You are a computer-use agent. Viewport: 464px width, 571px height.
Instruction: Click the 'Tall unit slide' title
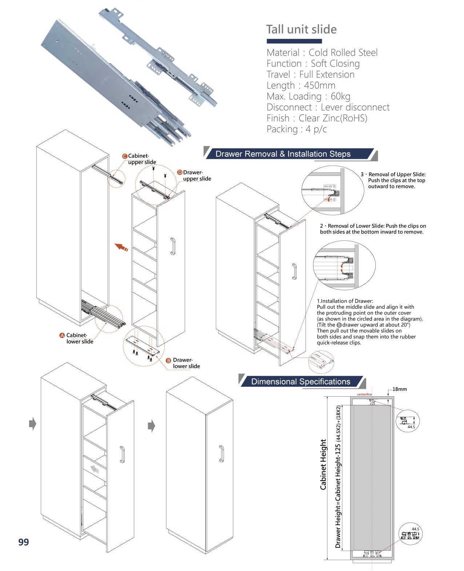[x=301, y=29]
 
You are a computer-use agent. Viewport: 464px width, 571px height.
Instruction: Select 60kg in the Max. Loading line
[x=340, y=97]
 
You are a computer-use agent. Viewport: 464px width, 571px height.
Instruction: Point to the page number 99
[x=24, y=542]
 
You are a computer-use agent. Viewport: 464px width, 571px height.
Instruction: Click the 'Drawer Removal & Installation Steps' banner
[x=283, y=154]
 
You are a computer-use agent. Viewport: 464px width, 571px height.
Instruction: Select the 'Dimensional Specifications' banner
[x=300, y=382]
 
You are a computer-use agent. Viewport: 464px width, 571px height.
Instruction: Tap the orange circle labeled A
[x=62, y=335]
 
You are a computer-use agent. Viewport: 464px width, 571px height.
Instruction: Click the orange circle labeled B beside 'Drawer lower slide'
[x=168, y=361]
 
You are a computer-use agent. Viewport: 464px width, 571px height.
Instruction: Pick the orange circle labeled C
[x=124, y=156]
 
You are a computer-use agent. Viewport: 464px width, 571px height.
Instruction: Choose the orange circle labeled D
[x=180, y=172]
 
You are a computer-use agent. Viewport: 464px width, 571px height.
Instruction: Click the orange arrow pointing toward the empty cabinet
[x=121, y=247]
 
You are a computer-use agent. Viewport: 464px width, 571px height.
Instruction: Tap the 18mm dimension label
[x=399, y=389]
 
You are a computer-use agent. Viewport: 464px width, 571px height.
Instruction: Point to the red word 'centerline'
[x=364, y=394]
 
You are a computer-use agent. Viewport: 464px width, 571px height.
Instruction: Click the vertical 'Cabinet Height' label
[x=323, y=464]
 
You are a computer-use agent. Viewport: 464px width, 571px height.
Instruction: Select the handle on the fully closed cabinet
[x=221, y=453]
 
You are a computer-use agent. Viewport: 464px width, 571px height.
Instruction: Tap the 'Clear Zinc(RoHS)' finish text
[x=333, y=118]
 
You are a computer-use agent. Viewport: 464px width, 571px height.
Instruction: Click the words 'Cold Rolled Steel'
[x=343, y=53]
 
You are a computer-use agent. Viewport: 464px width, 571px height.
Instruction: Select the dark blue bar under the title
[x=294, y=41]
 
